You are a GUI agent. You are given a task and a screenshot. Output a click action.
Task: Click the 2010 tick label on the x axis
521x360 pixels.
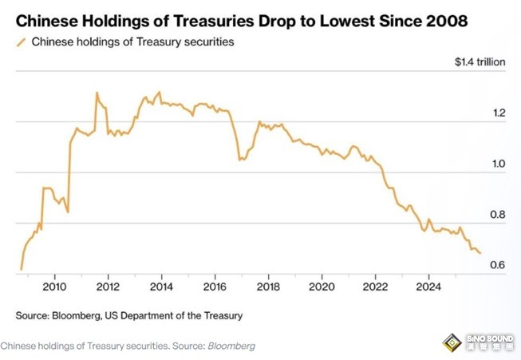[x=54, y=287]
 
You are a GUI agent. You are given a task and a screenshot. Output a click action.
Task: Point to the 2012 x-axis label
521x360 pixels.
[x=108, y=287]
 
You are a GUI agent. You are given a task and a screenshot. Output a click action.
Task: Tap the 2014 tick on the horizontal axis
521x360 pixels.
[x=161, y=287]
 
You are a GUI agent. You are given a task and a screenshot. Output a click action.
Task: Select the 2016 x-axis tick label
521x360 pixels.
[x=215, y=287]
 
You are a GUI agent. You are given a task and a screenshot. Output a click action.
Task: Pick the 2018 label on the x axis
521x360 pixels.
[x=268, y=287]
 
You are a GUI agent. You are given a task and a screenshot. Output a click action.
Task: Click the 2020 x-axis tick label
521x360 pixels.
[x=322, y=287]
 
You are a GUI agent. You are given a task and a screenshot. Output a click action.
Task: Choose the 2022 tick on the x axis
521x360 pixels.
[x=375, y=287]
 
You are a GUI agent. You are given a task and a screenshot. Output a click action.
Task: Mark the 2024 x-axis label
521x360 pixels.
[x=428, y=287]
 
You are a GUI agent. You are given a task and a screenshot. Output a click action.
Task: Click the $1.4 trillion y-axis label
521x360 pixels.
[x=480, y=62]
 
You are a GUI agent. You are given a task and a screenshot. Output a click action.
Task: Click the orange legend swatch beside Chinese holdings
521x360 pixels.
[x=21, y=42]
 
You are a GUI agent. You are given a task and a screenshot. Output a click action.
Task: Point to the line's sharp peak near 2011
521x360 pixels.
[x=97, y=93]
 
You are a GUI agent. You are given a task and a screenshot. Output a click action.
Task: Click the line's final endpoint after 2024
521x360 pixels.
[x=480, y=253]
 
